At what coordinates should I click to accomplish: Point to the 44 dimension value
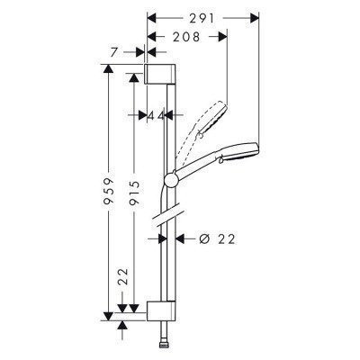156,115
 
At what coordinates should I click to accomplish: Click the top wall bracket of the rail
157,74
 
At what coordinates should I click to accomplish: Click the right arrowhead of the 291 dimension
256,16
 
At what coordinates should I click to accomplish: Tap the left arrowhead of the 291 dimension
150,16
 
